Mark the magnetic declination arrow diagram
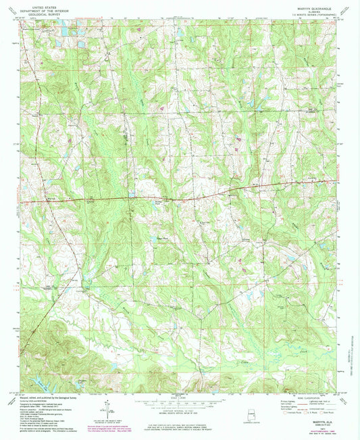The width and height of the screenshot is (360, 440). click(x=106, y=410)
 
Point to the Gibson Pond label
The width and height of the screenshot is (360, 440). click(x=162, y=237)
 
